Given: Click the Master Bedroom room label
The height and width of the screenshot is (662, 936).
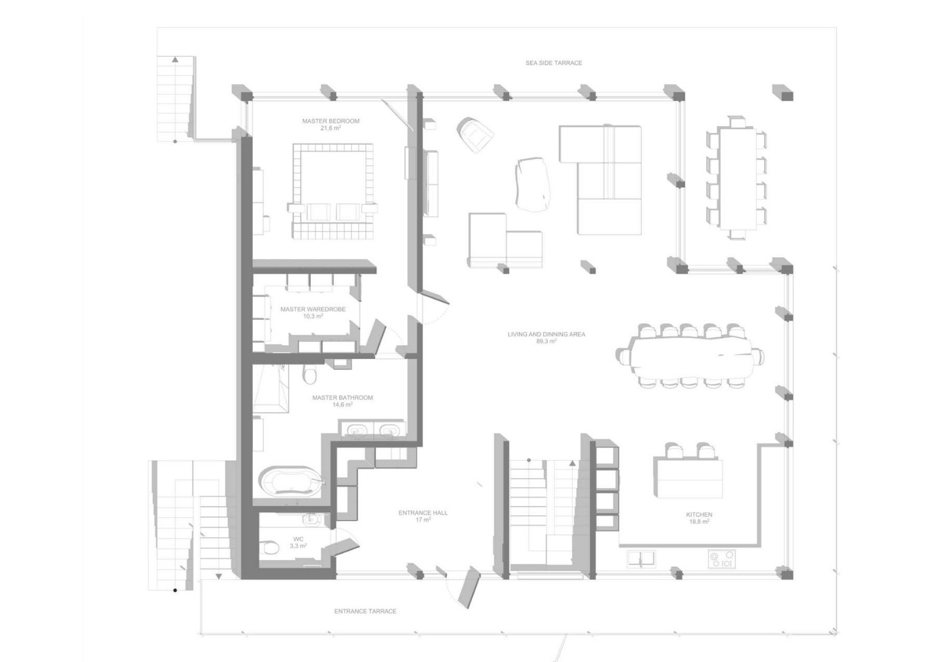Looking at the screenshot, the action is [x=330, y=121].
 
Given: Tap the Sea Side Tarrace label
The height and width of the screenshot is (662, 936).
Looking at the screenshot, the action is [x=554, y=63].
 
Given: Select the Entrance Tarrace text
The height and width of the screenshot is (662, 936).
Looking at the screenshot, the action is [x=365, y=611].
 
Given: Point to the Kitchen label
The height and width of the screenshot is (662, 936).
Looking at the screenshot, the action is [x=699, y=515].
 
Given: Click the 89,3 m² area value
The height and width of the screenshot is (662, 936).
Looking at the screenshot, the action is [x=546, y=341].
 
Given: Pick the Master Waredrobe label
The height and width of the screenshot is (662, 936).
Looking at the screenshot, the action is [x=313, y=309].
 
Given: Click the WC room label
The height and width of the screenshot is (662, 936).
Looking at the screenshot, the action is [x=299, y=539].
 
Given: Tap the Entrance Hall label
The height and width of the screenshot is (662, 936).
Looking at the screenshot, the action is [x=423, y=513].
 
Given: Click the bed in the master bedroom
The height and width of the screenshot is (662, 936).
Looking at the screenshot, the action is [x=333, y=191].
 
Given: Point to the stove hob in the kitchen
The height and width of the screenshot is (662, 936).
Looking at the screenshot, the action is [x=721, y=559].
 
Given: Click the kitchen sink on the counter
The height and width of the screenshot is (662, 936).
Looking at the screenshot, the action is [x=641, y=559].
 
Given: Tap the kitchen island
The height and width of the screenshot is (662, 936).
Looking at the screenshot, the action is [x=688, y=479].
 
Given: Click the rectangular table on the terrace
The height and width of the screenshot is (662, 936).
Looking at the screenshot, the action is [x=737, y=179].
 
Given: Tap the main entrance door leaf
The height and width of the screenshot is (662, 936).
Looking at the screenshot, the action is [x=469, y=587].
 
